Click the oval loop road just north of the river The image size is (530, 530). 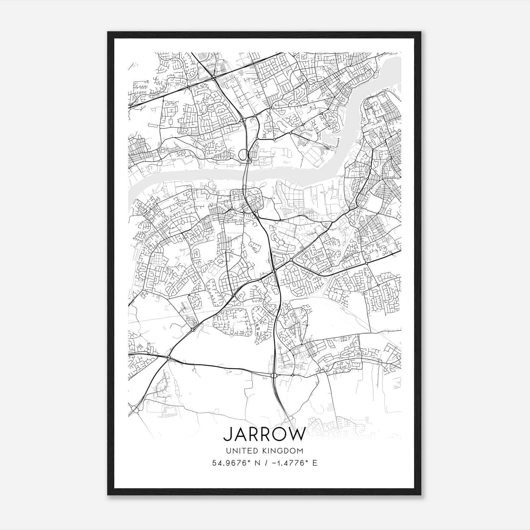point(243,154)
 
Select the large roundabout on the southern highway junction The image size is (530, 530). point(274,375)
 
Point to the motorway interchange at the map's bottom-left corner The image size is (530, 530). point(135,410)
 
